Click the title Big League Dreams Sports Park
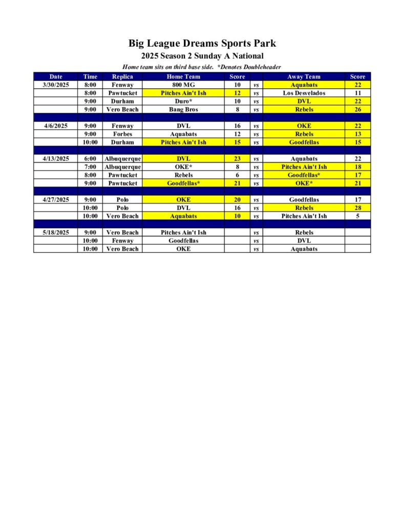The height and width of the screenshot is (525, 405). point(202,44)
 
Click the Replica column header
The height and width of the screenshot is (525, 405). point(122,76)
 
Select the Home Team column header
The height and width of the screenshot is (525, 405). point(183,76)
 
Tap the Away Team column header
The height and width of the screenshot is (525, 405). point(304,76)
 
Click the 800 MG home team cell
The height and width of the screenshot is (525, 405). point(183,85)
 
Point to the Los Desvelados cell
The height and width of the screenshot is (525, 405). point(304,93)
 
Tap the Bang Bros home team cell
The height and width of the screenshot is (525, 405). point(183,109)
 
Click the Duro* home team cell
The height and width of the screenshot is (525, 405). point(183,101)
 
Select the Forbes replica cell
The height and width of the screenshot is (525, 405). point(122,134)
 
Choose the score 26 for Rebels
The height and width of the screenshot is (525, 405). point(357,109)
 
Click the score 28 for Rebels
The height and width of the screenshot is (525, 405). point(357,208)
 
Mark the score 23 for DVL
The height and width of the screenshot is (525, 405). point(237,158)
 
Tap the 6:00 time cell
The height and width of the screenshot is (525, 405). point(90,158)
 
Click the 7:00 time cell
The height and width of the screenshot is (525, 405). point(90,167)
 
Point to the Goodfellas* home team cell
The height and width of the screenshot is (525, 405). point(183,183)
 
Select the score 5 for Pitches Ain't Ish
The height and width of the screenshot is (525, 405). point(357,216)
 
